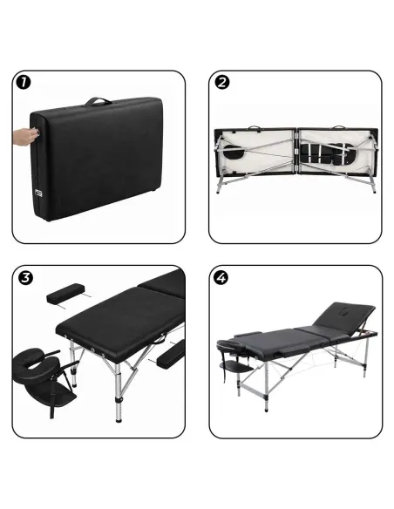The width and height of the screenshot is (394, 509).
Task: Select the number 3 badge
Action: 22,279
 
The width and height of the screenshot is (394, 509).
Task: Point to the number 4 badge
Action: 222,279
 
